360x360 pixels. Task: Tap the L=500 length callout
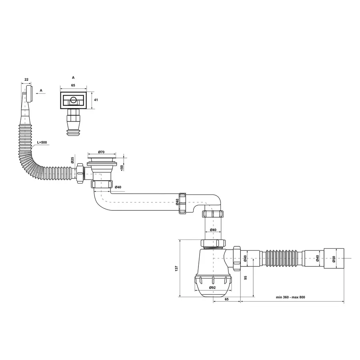pyautogui.click(x=42, y=143)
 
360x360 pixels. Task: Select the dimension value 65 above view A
pyautogui.click(x=73, y=85)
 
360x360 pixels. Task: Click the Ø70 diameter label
pyautogui.click(x=101, y=152)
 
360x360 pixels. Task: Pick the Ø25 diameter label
pyautogui.click(x=72, y=160)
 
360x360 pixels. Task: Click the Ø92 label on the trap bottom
pyautogui.click(x=212, y=287)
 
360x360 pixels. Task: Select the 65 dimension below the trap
pyautogui.click(x=226, y=299)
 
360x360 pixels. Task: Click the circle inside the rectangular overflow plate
pyautogui.click(x=73, y=100)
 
